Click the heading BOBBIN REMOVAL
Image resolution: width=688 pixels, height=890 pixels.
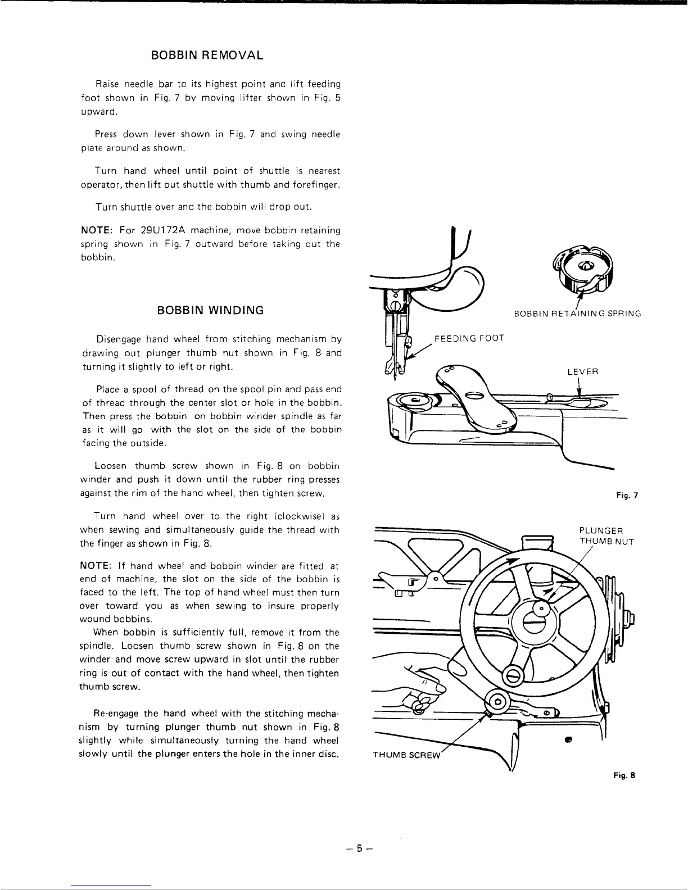(x=207, y=56)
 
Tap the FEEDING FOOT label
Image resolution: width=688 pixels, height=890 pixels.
(x=469, y=338)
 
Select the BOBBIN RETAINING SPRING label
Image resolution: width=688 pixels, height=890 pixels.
(x=578, y=314)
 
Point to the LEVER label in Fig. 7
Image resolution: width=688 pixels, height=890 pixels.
(x=583, y=372)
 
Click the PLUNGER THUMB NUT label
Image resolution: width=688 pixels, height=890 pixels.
(x=606, y=536)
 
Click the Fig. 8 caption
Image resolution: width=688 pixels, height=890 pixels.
(x=624, y=775)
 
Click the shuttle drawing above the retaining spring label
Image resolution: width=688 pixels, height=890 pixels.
(x=586, y=270)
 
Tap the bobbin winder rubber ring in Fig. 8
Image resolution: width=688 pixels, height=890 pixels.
(x=498, y=702)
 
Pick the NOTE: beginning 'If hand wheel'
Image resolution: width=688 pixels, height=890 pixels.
(x=96, y=566)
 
